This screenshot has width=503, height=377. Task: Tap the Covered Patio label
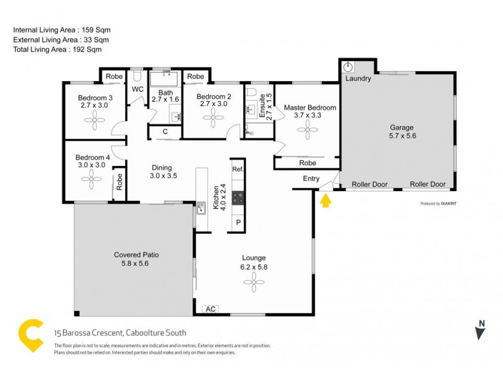pos(136,255)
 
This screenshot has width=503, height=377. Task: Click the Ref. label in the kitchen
pos(238,170)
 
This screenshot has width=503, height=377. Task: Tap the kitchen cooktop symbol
pos(238,198)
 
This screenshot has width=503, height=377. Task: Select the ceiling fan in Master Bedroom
pos(310,131)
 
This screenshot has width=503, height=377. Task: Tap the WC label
pos(138,89)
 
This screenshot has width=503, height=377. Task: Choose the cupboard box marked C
pos(165,132)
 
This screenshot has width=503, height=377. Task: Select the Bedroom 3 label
pos(95,97)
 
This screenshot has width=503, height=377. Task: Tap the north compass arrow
pos(480,331)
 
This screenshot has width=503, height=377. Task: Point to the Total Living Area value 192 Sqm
pos(88,49)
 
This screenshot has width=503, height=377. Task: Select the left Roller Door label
pos(369,185)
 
